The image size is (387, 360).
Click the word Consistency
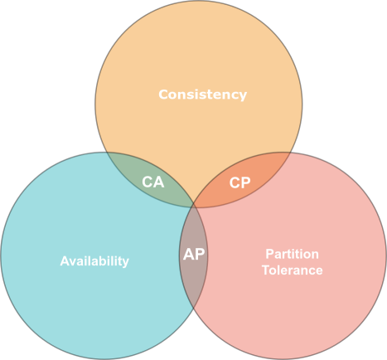[x=202, y=95]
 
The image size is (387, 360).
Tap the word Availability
[x=94, y=260]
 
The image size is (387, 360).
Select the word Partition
[x=292, y=254]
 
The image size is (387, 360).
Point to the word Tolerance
[x=292, y=270]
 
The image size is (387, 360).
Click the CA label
[x=152, y=182]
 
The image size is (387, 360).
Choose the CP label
[x=239, y=182]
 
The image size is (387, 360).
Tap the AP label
[x=193, y=254]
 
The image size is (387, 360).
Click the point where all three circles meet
[x=194, y=205]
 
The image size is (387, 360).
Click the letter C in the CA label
[x=147, y=182]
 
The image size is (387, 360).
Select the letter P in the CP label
[x=245, y=182]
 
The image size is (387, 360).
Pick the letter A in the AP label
[x=187, y=254]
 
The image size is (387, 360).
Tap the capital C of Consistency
[x=163, y=95]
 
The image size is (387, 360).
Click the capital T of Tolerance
[x=265, y=270]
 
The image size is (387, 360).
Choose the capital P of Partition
[x=268, y=254]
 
